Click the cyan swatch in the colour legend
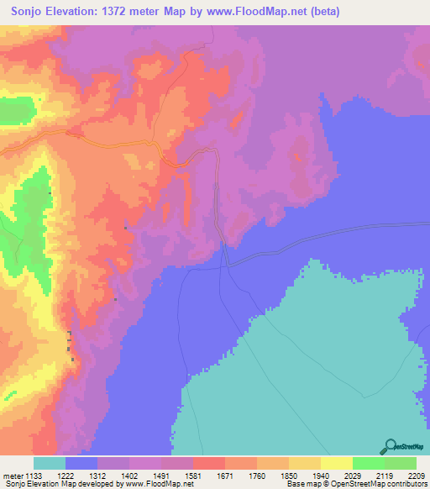click(x=50, y=463)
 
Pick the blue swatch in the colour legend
click(x=81, y=463)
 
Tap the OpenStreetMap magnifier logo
click(x=389, y=446)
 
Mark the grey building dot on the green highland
click(x=50, y=193)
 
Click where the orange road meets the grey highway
click(x=223, y=244)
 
